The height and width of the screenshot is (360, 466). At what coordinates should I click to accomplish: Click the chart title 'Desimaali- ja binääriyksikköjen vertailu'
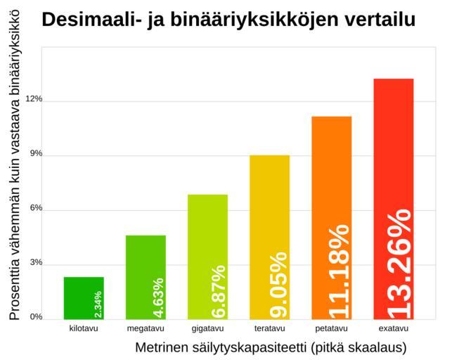[x=228, y=20]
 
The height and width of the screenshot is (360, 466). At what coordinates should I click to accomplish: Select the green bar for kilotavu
[x=84, y=297]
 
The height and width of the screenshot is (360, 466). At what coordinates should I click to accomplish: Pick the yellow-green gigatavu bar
[x=207, y=256]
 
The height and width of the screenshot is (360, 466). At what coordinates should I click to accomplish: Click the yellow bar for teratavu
[x=269, y=236]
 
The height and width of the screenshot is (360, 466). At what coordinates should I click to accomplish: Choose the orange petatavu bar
[x=331, y=217]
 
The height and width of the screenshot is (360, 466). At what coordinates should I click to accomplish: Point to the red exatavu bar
[x=393, y=198]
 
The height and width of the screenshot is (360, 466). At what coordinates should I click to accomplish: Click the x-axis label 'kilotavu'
[x=84, y=328]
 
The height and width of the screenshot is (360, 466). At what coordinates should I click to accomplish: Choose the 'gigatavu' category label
[x=207, y=328]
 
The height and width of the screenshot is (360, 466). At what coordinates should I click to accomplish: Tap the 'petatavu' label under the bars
[x=331, y=328]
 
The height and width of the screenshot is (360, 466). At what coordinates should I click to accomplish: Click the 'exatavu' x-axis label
[x=393, y=328]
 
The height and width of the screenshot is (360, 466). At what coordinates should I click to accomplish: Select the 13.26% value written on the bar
[x=399, y=262]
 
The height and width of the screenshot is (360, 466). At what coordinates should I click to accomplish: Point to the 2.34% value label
[x=98, y=304]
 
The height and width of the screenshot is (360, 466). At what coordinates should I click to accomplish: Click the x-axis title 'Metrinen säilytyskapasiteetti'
[x=271, y=347]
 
